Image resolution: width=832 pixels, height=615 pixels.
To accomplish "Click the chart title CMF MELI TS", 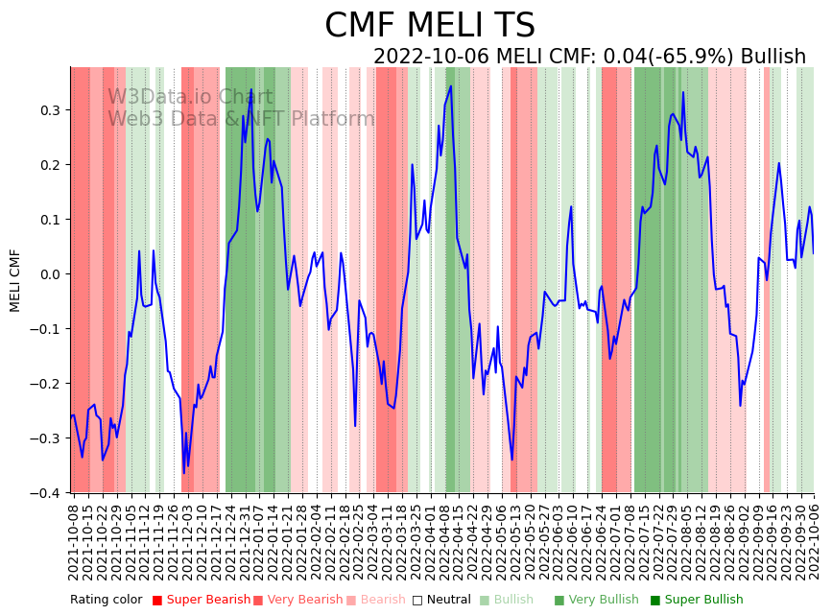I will tap(429, 26).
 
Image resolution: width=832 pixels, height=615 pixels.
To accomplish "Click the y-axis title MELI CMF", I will tap(15, 280).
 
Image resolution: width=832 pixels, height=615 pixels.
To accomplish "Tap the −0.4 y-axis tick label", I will tap(48, 493).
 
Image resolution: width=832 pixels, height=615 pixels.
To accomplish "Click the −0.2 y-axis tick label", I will tap(48, 384).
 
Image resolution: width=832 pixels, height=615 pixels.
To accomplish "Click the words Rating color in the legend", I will tap(106, 601).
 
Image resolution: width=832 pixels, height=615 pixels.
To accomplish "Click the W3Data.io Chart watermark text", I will tap(190, 97).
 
